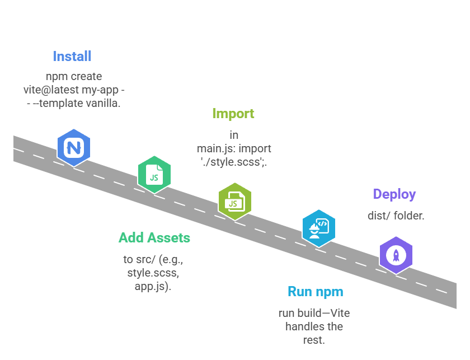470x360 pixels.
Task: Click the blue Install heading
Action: (x=72, y=56)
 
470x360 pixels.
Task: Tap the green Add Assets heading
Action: (x=154, y=237)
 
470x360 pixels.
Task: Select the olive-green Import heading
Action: (x=233, y=114)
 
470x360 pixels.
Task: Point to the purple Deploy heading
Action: (x=394, y=194)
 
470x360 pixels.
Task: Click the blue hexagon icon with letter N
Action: (x=74, y=148)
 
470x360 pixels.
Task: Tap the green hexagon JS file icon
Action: (x=154, y=175)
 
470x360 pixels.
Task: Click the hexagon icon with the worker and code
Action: (x=318, y=228)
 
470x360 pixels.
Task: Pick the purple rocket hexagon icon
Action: (x=396, y=255)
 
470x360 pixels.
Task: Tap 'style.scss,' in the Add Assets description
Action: (x=154, y=273)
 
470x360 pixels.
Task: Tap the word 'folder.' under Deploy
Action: (x=408, y=216)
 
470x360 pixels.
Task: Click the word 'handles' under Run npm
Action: (x=303, y=326)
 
